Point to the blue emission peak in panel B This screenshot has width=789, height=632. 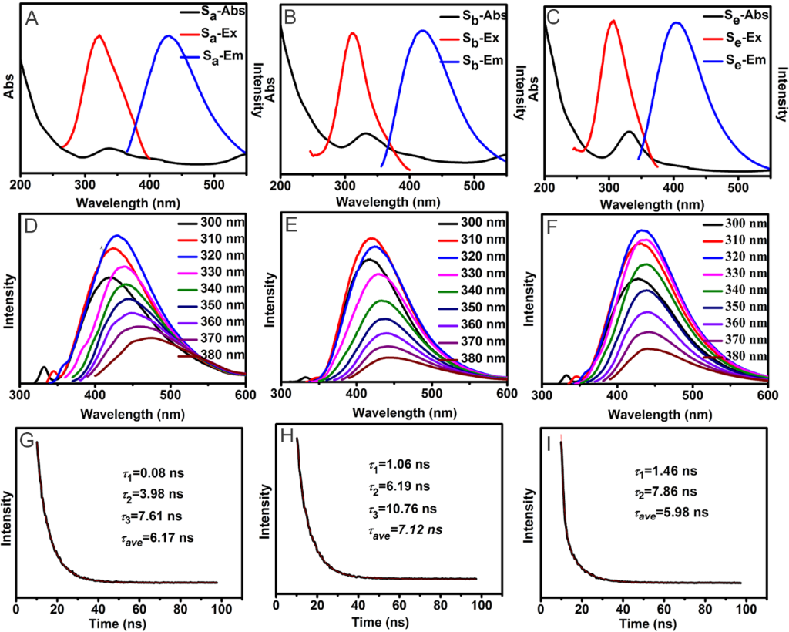point(421,31)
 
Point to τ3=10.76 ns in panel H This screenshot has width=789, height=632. point(401,508)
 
